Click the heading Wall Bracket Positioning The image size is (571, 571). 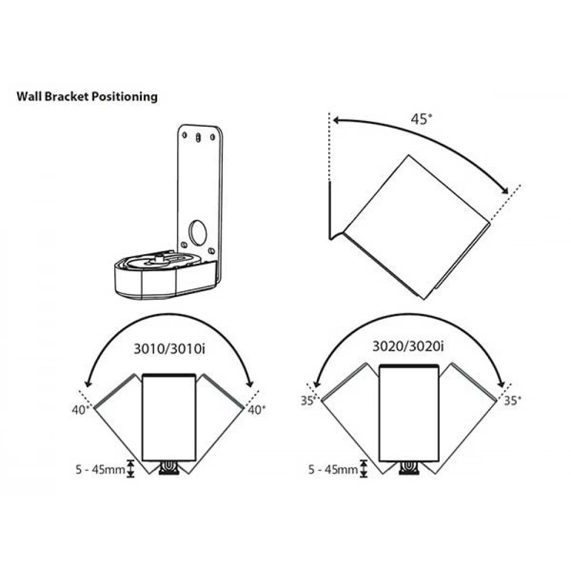pyautogui.click(x=87, y=96)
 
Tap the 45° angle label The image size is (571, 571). pyautogui.click(x=422, y=119)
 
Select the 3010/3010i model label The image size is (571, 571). pyautogui.click(x=170, y=349)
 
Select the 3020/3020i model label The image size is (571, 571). pyautogui.click(x=408, y=346)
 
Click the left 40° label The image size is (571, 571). pyautogui.click(x=81, y=409)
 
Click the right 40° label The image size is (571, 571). pyautogui.click(x=257, y=409)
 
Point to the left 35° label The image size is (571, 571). pyautogui.click(x=308, y=401)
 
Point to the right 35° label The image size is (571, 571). pyautogui.click(x=512, y=401)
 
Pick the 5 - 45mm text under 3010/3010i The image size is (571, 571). pyautogui.click(x=100, y=469)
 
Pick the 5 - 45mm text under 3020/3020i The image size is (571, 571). pyautogui.click(x=333, y=469)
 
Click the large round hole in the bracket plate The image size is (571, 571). pyautogui.click(x=198, y=232)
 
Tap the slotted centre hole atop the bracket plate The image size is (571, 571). pyautogui.click(x=198, y=138)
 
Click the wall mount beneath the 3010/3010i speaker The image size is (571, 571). pyautogui.click(x=169, y=468)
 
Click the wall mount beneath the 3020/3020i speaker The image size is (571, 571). pyautogui.click(x=409, y=468)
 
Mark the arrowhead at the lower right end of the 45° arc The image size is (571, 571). pyautogui.click(x=505, y=191)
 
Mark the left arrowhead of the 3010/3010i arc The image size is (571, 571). pyautogui.click(x=87, y=383)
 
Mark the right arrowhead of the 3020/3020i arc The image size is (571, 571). pyautogui.click(x=501, y=384)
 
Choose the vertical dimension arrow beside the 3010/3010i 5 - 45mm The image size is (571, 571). pyautogui.click(x=131, y=469)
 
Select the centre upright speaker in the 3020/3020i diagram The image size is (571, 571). pyautogui.click(x=409, y=413)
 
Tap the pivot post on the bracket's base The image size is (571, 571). pyautogui.click(x=159, y=258)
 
